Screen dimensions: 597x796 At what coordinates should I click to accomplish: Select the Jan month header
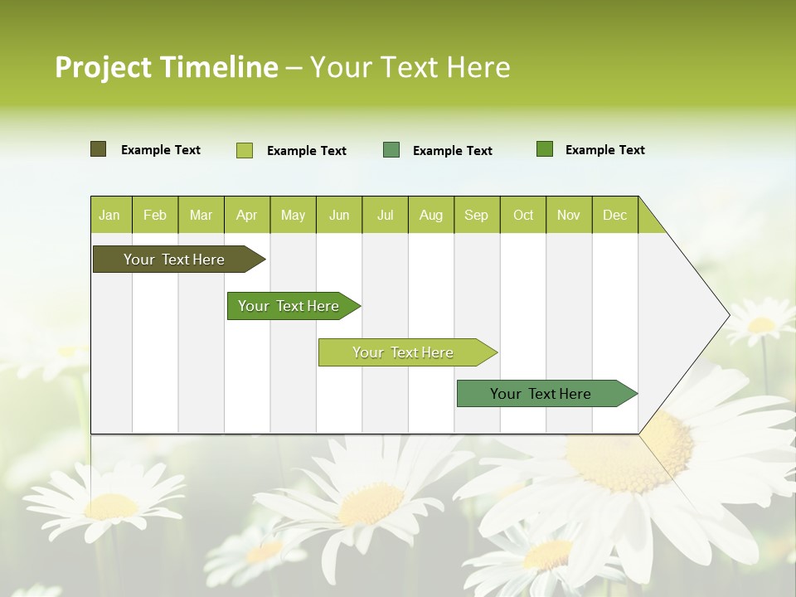coord(109,215)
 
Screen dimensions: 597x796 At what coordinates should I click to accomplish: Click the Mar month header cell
coord(201,215)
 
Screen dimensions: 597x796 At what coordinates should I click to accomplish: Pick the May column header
coord(293,215)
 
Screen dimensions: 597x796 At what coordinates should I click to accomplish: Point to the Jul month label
coord(385,215)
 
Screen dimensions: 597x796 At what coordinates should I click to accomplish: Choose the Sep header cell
coord(476,215)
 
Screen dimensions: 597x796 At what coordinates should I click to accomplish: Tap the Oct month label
coord(523,215)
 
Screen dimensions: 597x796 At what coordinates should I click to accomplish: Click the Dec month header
coord(614,215)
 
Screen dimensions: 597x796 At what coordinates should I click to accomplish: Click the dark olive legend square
coord(98,149)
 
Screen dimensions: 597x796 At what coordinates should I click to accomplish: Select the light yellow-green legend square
coord(245,150)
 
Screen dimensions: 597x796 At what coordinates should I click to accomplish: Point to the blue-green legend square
coord(391,150)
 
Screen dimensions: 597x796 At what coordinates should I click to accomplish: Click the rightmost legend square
coord(545,149)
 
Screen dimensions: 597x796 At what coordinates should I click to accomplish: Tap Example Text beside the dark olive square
coord(161,150)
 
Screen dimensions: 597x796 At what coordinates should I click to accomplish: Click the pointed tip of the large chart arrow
coord(727,315)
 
